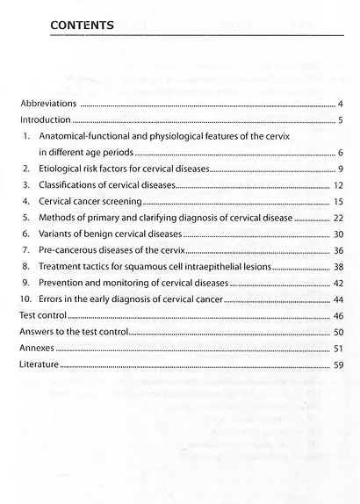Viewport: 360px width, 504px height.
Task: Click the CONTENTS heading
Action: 83,24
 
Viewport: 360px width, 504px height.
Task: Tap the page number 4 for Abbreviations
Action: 339,104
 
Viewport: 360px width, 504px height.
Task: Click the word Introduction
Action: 44,120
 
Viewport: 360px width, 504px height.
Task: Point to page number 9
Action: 339,169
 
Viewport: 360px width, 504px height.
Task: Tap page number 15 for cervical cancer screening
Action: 337,202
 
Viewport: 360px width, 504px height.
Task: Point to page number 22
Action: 337,219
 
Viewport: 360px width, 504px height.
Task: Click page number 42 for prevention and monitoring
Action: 337,284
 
